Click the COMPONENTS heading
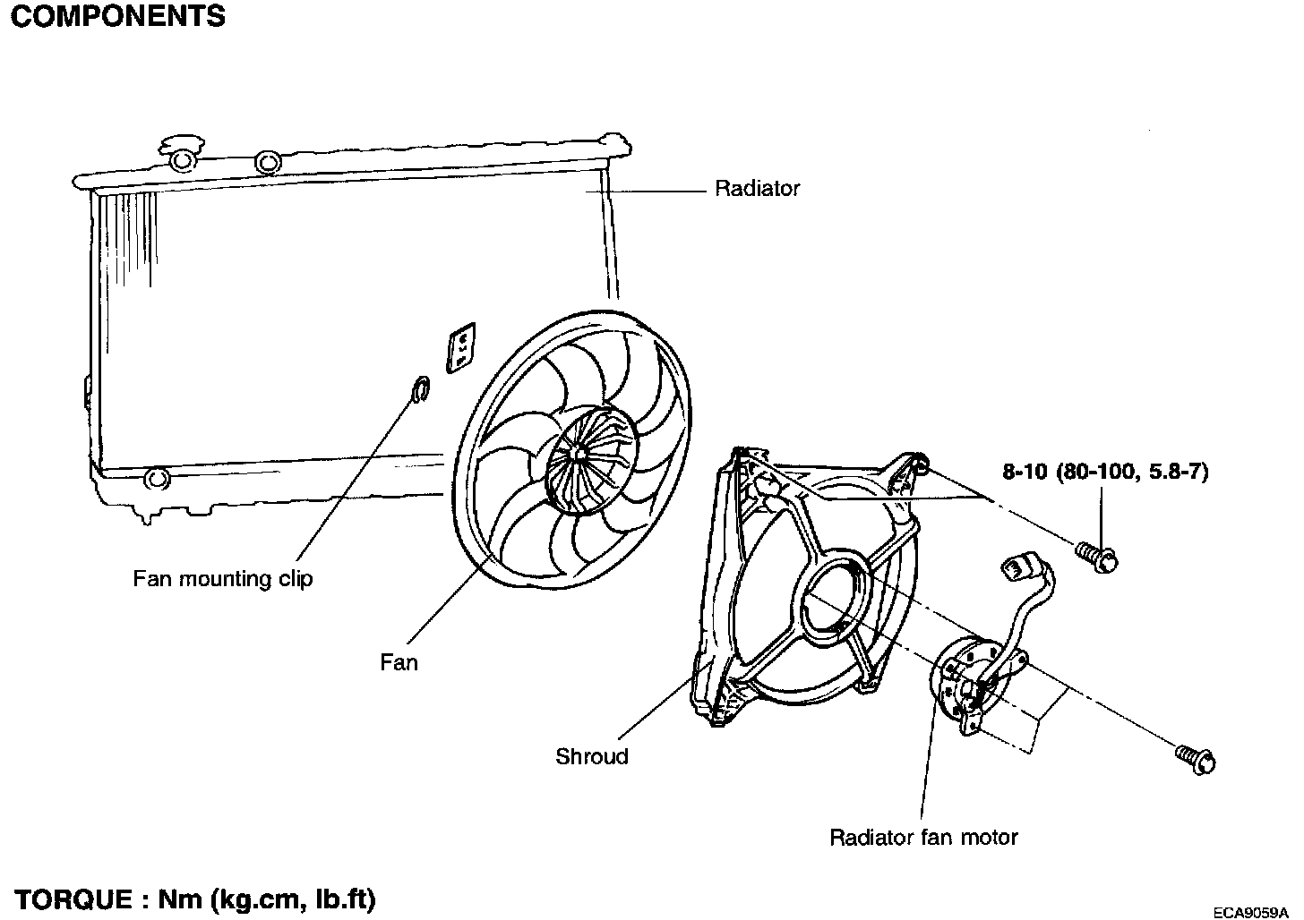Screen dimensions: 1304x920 tap(117, 16)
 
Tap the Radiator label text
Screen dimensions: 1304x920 tap(757, 189)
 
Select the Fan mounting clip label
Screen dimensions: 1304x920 tap(223, 579)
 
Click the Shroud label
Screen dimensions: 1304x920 tap(591, 756)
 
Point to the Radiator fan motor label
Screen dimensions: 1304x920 tap(923, 838)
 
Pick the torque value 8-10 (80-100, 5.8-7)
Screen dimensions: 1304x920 tap(1105, 472)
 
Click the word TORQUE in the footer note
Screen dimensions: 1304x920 tap(73, 899)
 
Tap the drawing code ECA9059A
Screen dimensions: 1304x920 tap(1250, 912)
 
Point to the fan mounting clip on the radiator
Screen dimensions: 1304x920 tap(420, 388)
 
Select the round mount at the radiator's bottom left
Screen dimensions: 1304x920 tap(156, 479)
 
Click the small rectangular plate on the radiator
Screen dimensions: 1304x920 tap(461, 348)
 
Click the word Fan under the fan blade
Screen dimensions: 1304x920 tap(399, 662)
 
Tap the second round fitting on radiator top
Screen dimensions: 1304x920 tap(268, 162)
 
